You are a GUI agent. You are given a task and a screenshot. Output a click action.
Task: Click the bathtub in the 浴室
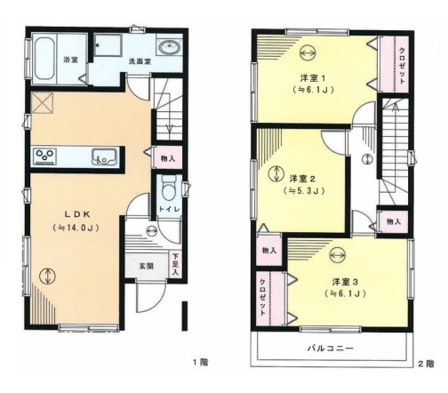click(44, 59)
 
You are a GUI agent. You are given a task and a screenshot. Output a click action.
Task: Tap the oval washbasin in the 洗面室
click(170, 47)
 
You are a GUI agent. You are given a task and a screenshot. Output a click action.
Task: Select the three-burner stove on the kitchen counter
click(45, 156)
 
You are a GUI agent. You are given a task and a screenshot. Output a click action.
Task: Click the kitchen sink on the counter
click(104, 156)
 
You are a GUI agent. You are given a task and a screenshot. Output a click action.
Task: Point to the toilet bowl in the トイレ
click(169, 189)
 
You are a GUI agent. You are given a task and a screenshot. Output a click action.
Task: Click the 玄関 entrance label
click(146, 266)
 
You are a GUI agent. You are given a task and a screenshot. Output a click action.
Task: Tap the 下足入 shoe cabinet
click(175, 265)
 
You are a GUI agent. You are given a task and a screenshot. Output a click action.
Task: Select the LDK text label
click(77, 214)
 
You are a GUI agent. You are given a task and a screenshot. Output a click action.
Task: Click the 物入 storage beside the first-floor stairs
click(168, 158)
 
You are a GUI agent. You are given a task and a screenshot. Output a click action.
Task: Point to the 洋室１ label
click(313, 78)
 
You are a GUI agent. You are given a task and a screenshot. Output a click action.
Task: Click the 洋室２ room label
click(302, 179)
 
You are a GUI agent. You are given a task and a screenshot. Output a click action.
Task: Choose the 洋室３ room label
click(345, 281)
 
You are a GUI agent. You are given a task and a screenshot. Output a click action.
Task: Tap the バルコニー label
click(330, 348)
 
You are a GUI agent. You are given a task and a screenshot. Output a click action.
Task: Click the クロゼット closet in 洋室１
click(395, 64)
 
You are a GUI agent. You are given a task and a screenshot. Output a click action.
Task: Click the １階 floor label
click(200, 362)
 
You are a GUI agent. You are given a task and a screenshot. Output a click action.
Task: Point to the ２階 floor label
click(426, 364)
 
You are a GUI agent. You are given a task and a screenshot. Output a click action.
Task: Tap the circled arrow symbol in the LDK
click(47, 277)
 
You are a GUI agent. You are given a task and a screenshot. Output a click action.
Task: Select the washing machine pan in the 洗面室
click(108, 45)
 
